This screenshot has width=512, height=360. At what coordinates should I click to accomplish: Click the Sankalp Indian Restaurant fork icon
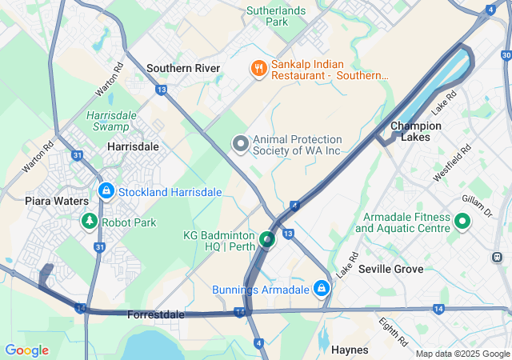coord(258,69)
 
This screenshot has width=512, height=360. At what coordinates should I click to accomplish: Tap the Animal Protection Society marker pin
coord(240,145)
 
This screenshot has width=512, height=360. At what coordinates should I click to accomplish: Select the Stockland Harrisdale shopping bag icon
coord(106,191)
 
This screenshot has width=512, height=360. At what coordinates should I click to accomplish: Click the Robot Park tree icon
coord(90,222)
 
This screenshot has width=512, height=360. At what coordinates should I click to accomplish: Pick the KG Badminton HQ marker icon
coord(267,238)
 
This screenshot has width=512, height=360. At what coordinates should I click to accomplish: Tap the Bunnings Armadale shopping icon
coord(321,288)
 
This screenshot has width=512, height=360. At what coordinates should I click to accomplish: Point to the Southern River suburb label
coord(183,69)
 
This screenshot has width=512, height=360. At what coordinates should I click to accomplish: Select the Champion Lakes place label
coord(415,131)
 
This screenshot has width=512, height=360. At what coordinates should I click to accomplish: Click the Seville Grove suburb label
coord(390,269)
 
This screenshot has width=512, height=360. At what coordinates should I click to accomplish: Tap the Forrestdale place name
coord(155,314)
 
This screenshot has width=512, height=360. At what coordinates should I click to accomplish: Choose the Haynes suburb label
coord(350,350)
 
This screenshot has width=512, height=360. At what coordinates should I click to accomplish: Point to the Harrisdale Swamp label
coord(107,121)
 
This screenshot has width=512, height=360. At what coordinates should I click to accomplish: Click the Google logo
coord(26,350)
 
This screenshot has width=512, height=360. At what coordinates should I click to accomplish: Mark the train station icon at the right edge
coord(498,258)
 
